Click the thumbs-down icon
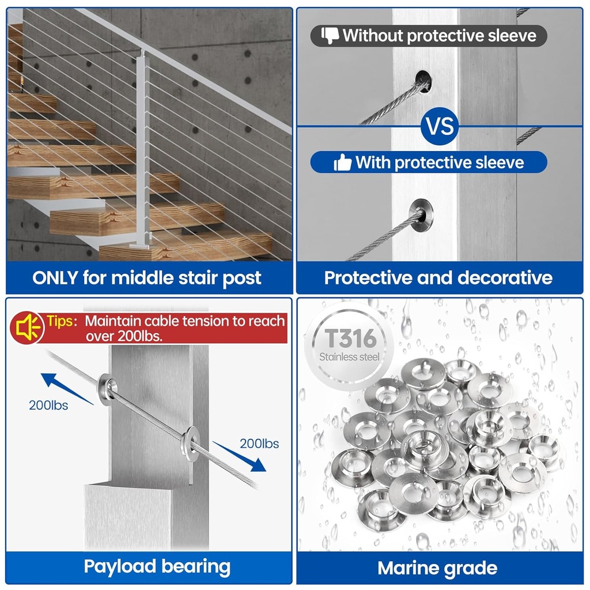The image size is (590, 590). [x=330, y=36]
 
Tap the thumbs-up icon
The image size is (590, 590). [x=342, y=162]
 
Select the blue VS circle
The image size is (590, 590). [x=440, y=126]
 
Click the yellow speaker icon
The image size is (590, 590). [x=27, y=328]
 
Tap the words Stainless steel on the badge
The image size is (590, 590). [x=349, y=357]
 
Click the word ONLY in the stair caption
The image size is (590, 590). [x=55, y=278]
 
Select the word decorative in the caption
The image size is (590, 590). [x=505, y=278]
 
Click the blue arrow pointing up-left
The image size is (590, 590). [x=67, y=389]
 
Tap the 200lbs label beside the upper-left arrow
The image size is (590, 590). [x=48, y=405]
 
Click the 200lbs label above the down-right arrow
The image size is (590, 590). [x=259, y=444]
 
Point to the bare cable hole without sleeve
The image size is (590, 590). [x=423, y=81]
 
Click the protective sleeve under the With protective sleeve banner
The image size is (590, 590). [x=421, y=215]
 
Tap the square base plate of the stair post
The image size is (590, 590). [x=141, y=246]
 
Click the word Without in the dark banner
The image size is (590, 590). [x=373, y=36]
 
